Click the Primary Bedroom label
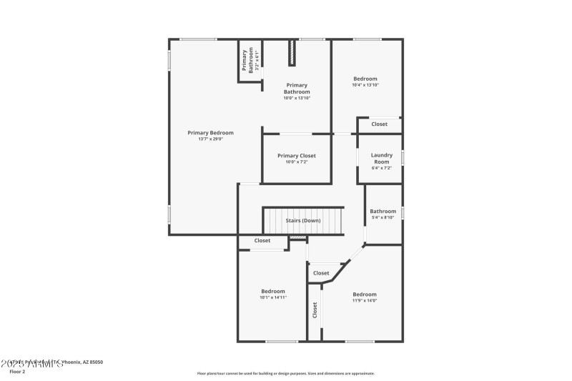coord(210,132)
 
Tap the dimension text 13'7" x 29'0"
coord(210,139)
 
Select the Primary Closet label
coord(297,155)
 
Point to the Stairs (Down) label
coord(303,220)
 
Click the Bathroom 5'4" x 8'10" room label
coord(383,211)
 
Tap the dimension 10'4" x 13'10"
coord(365,85)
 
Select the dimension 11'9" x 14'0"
coord(364,301)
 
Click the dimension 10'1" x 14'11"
coord(273,297)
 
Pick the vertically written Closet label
coord(315,310)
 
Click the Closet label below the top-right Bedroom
coord(379,124)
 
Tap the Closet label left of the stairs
coord(262,241)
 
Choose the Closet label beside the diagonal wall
coord(321,273)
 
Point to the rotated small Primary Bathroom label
coord(249,60)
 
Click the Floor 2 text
coord(17,372)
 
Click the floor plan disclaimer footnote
coord(285,373)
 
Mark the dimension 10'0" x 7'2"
coord(297,162)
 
